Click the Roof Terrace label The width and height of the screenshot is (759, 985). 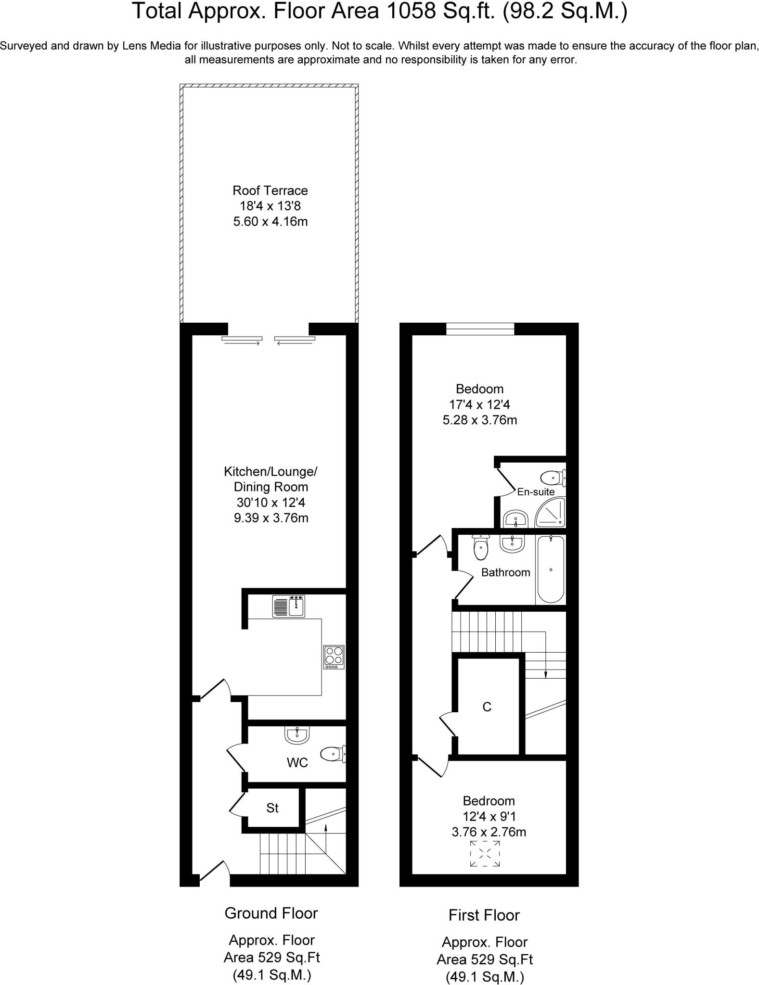coord(270,190)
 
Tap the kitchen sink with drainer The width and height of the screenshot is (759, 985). coord(289,606)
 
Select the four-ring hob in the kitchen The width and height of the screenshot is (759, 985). coord(334,657)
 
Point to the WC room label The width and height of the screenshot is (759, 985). coord(297,763)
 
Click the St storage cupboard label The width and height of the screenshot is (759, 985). coord(272,808)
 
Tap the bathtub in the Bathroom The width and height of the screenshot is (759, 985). coord(550,569)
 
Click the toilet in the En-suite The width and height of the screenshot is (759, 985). coord(553,478)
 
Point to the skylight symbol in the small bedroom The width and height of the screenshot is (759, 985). coord(485,854)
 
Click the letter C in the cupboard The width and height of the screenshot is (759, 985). coord(487,707)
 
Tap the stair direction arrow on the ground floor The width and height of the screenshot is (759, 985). coord(326,827)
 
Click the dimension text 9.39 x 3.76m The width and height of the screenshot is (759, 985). coord(270,518)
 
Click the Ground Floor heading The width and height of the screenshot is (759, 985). coord(271,913)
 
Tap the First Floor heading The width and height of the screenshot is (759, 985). coord(484,915)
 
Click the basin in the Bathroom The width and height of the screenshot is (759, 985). coord(512,544)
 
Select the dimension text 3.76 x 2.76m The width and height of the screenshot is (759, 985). coord(489,832)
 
